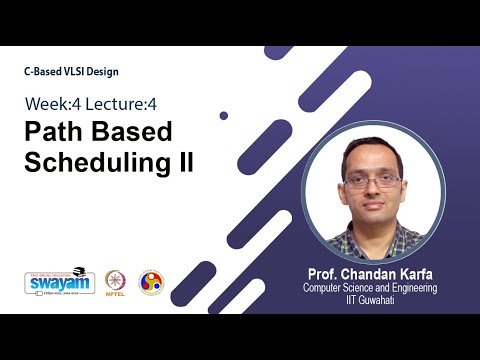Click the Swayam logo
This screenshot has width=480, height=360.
(x=60, y=281)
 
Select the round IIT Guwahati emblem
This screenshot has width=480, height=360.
(x=150, y=281)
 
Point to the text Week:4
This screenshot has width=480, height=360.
(x=54, y=105)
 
